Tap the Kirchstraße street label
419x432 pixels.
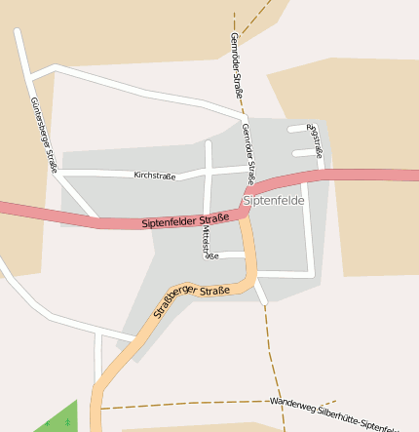154,176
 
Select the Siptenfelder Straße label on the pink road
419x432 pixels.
185,220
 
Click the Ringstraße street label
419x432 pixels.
314,139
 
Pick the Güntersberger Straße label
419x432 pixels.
44,135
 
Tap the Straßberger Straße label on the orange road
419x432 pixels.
191,301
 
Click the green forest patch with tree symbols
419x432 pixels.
59,418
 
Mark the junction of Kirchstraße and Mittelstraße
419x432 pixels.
208,173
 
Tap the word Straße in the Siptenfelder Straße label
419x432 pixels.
214,217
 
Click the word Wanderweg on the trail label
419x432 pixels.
293,404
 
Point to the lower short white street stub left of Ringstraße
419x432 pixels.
304,153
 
